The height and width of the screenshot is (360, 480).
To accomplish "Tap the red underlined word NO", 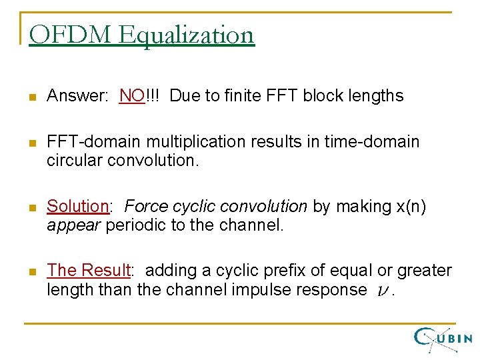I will coord(132,96).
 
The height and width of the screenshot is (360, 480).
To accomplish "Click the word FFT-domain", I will coord(94,142).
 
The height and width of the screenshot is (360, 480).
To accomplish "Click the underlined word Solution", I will coord(77,207).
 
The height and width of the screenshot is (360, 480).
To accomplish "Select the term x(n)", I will coord(407,207).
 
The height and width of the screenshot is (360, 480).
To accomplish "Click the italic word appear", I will coord(71,225).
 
